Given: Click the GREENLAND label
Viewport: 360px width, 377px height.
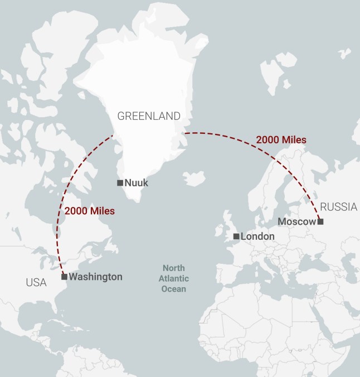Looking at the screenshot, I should [x=149, y=116].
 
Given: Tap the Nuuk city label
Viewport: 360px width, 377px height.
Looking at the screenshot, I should [x=137, y=183].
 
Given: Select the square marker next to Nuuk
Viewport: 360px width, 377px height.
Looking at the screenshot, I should [x=120, y=183].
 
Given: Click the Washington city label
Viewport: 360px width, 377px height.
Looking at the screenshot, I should [x=95, y=277].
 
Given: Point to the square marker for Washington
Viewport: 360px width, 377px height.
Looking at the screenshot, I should [x=64, y=277].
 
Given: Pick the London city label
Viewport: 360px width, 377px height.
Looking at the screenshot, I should [x=257, y=236].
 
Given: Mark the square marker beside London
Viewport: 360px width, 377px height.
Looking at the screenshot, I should [x=236, y=236].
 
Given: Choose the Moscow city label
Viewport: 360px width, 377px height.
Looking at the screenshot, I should [x=296, y=222].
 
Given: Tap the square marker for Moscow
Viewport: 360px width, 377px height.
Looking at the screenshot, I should [x=320, y=222].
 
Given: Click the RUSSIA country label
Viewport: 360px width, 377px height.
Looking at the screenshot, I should [x=338, y=207].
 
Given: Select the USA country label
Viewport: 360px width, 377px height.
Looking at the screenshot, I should [x=36, y=283].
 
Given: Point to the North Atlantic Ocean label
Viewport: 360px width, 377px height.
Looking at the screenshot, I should [x=174, y=278].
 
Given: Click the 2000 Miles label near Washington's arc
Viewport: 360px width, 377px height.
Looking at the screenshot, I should [x=90, y=211].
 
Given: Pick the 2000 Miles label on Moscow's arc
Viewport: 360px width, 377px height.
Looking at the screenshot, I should [x=281, y=140].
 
